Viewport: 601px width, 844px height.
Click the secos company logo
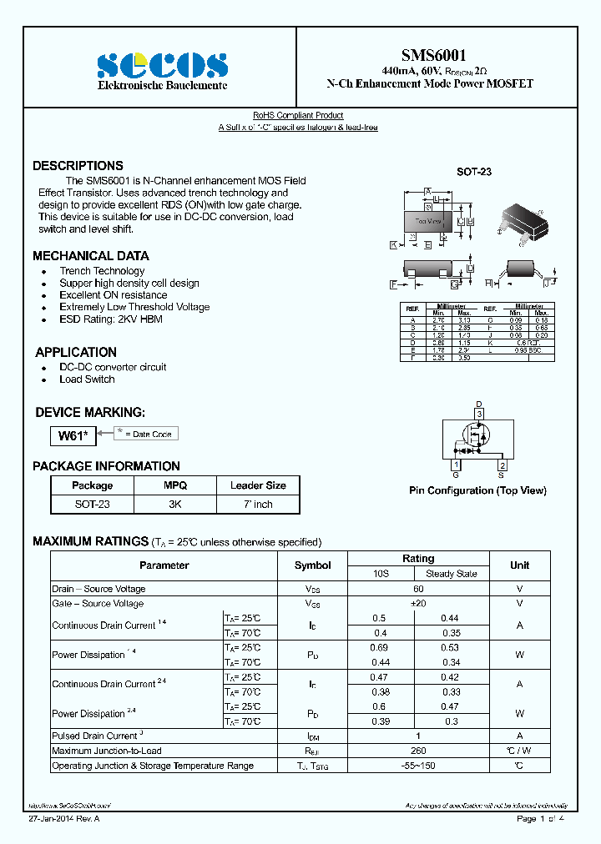tap(161, 65)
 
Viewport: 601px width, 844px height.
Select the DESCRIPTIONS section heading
tap(78, 165)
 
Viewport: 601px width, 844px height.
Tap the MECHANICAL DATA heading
tap(91, 256)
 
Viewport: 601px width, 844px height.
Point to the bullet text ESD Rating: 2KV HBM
tap(110, 319)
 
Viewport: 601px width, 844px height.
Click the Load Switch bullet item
tap(87, 379)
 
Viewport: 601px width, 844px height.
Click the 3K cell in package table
tap(175, 504)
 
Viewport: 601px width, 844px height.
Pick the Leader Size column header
tap(258, 485)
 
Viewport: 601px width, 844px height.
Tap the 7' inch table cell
tap(258, 504)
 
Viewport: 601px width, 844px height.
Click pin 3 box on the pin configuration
tap(479, 414)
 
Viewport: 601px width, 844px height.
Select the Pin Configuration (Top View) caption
tap(477, 490)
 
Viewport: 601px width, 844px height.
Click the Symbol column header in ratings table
tap(312, 565)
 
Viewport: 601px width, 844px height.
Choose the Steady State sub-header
tap(452, 574)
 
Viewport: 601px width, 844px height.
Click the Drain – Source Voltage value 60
tap(417, 589)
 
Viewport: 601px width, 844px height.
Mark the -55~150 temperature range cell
tap(417, 766)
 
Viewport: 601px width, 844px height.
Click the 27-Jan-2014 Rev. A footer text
tap(64, 819)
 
